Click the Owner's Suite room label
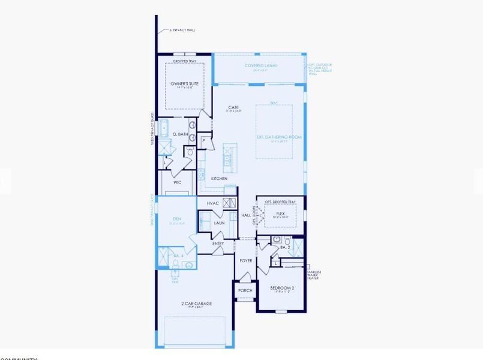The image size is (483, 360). (184, 83)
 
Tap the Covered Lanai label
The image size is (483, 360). (260, 65)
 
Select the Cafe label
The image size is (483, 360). (233, 107)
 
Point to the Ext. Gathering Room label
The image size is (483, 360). (279, 137)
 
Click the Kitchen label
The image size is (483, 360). (218, 179)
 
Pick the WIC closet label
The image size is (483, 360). (178, 182)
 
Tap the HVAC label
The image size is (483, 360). (212, 203)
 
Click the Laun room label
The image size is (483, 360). (219, 223)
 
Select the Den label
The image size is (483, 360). (177, 219)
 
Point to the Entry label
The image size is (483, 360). (218, 244)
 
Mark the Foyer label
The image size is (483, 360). (246, 261)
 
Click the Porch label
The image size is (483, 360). (245, 290)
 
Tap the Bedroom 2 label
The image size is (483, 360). (282, 288)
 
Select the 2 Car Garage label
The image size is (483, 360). (196, 304)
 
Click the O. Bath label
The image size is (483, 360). (180, 134)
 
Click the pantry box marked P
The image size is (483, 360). (205, 140)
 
